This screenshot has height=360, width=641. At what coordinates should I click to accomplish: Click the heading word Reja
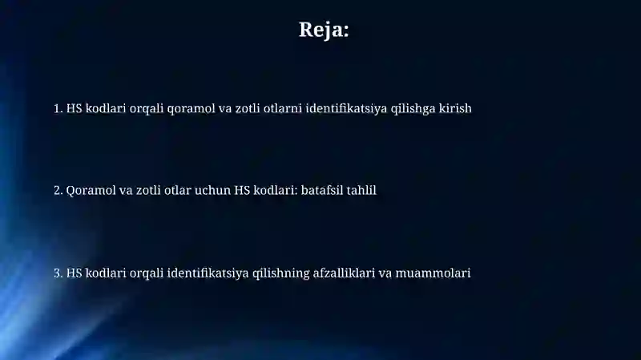point(324,30)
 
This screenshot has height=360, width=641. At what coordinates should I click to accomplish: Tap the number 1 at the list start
point(58,107)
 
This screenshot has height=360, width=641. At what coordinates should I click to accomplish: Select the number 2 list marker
point(58,190)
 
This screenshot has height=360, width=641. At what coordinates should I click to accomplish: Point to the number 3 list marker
point(58,273)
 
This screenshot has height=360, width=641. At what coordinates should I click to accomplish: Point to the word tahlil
point(361,190)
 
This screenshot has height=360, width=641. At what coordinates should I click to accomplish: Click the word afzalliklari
point(344,273)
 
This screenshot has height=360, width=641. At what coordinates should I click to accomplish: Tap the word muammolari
point(433,273)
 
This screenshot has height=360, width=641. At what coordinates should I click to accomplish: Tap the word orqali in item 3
point(144,273)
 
